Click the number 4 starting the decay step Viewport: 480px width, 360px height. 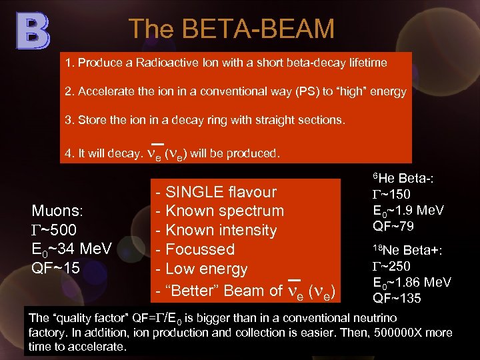(x=67, y=153)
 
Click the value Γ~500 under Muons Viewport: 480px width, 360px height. (x=54, y=230)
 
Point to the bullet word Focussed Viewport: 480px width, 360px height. (x=200, y=249)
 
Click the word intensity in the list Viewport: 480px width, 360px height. (x=245, y=231)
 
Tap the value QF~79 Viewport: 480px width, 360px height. (x=393, y=227)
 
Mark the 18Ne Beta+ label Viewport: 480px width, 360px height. (x=408, y=251)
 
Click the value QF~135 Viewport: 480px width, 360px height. (x=397, y=298)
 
